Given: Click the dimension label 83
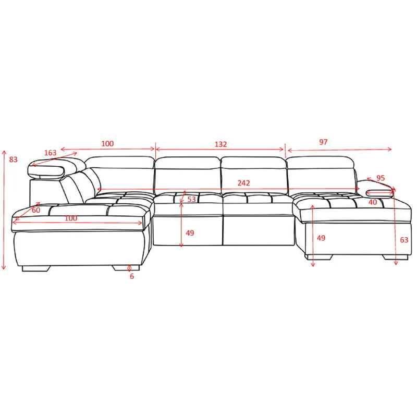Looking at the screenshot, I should coord(14,160).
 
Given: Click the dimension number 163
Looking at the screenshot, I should coord(50,153).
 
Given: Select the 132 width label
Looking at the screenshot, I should coord(220,144).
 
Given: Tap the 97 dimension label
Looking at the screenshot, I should coord(323,142).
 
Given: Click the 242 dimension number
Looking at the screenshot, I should coord(243,183).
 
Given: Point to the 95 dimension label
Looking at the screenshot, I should coord(380,178).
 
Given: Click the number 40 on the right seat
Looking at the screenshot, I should coord(372,202).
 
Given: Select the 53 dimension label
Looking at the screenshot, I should coord(192,199).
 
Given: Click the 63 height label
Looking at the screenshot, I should coord(404,240).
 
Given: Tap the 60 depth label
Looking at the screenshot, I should coord(36,210).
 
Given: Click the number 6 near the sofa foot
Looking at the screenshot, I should coord(132,276).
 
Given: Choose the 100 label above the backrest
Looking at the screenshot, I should coord(107,144).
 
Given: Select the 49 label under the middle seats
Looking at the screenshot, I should coord(190,233).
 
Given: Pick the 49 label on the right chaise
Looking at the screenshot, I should coord(321,238).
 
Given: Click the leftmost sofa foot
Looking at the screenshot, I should coord(36,269).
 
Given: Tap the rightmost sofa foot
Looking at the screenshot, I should coord(390,257).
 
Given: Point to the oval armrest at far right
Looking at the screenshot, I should coord(377,192).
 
